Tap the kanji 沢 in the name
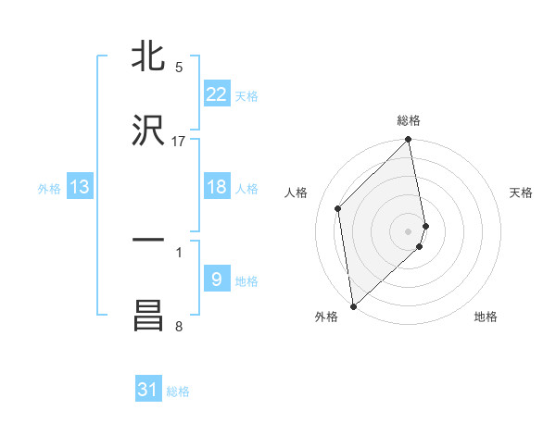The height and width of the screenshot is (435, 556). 148,130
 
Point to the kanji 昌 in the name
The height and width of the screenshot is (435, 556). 148,316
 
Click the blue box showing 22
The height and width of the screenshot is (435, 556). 216,94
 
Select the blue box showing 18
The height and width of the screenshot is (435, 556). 216,187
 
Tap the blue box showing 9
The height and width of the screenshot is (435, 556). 216,280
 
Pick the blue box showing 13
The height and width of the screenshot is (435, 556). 80,187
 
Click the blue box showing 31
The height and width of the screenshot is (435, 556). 148,390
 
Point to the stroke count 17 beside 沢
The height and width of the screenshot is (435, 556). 179,142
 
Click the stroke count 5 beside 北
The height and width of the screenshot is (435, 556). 179,68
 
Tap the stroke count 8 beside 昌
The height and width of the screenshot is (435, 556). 179,326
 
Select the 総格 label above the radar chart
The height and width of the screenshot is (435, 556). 409,120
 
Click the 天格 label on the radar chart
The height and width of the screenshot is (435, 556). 522,193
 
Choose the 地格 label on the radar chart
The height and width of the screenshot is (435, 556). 486,317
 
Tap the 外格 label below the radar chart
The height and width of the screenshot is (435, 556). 326,317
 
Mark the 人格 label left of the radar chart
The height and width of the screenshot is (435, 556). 297,193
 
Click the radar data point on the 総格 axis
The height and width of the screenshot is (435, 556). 409,141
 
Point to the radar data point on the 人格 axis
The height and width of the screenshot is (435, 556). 338,208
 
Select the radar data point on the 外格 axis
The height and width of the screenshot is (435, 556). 353,305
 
